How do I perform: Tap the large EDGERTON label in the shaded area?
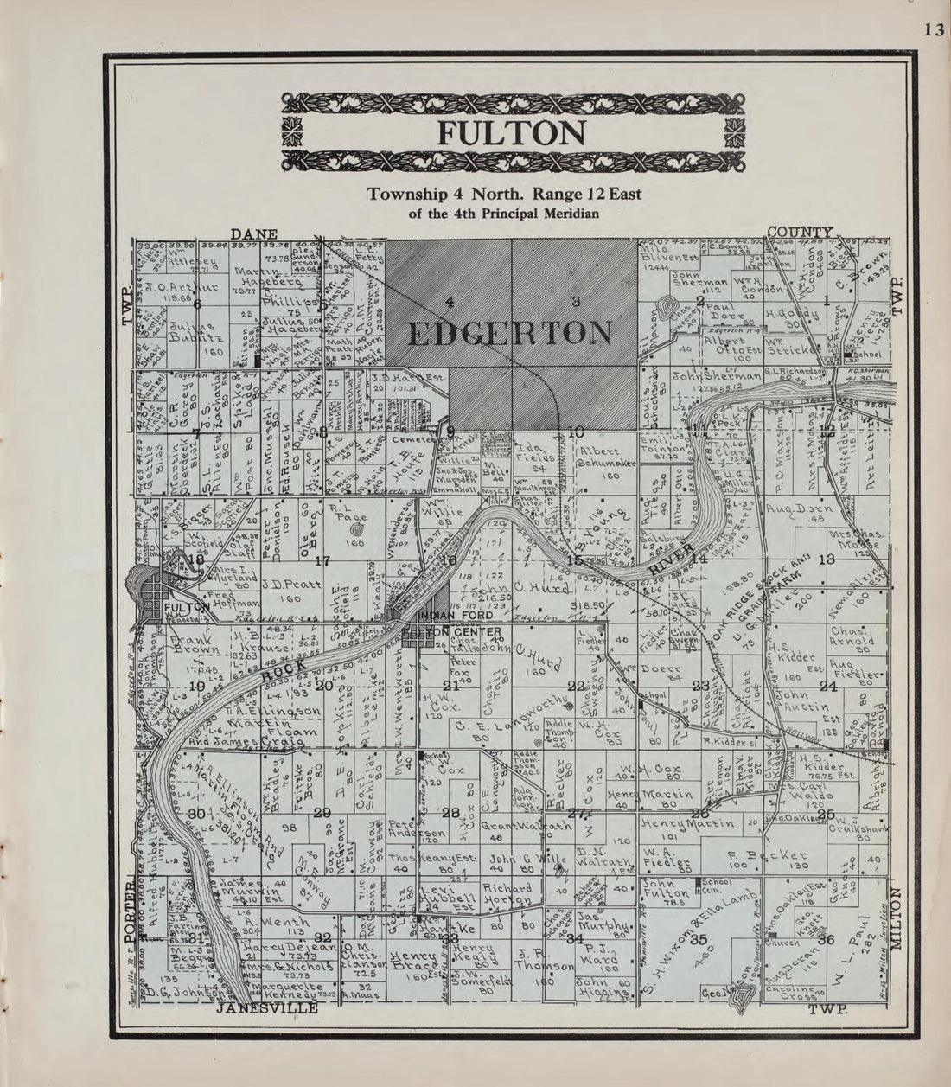click(x=509, y=333)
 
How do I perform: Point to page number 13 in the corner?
click(x=933, y=29)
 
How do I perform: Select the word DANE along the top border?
click(x=253, y=233)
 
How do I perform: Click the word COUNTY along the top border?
click(x=800, y=233)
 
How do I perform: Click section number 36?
click(x=827, y=940)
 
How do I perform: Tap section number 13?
click(x=827, y=559)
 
